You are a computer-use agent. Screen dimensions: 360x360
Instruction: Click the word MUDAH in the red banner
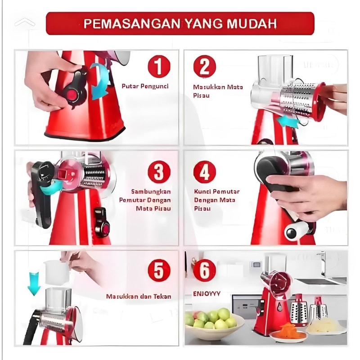pyautogui.click(x=252, y=24)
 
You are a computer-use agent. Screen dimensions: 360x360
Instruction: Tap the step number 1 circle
pyautogui.click(x=159, y=67)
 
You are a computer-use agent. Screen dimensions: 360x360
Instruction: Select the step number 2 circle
pyautogui.click(x=205, y=67)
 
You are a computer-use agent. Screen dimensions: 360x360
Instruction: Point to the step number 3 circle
pyautogui.click(x=159, y=172)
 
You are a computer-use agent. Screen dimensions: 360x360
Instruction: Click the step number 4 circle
pyautogui.click(x=205, y=172)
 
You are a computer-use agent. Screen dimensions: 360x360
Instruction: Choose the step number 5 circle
pyautogui.click(x=159, y=270)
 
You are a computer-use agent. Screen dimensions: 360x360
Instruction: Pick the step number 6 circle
pyautogui.click(x=205, y=270)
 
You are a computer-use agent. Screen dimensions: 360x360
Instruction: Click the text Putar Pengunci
pyautogui.click(x=145, y=86)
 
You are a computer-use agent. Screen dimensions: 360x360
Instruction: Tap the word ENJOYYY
pyautogui.click(x=207, y=294)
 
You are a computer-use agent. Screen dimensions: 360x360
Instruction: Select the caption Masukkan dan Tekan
pyautogui.click(x=139, y=297)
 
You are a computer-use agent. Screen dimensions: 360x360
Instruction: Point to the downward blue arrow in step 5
pyautogui.click(x=34, y=284)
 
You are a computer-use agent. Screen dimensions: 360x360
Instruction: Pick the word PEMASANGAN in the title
pyautogui.click(x=132, y=24)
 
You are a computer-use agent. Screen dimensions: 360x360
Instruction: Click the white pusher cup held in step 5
pyautogui.click(x=57, y=273)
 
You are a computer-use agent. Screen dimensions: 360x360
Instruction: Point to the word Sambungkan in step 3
pyautogui.click(x=151, y=192)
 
